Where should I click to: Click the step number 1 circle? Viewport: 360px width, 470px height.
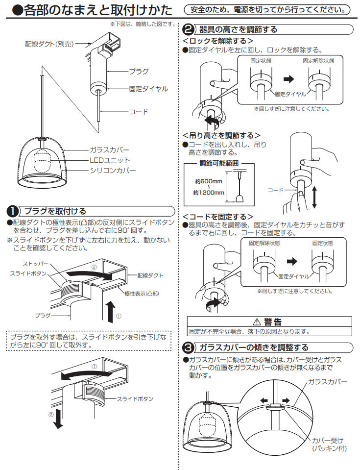point(12,211)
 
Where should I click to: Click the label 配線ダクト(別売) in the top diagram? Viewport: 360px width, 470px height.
point(49,44)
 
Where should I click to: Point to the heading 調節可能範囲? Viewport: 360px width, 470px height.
point(219,163)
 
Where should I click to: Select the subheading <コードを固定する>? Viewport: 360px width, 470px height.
point(217,216)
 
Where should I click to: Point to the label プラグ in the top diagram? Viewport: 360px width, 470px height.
point(138,72)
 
